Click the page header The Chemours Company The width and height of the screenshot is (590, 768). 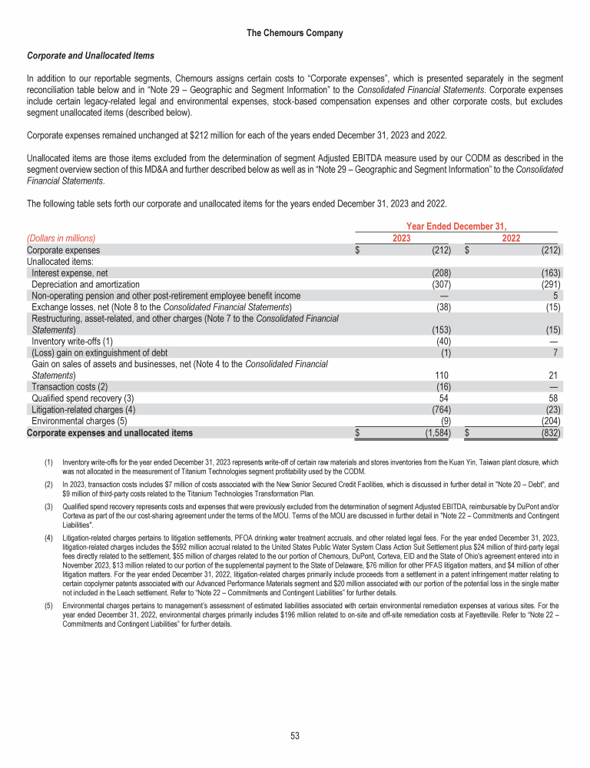[294, 33]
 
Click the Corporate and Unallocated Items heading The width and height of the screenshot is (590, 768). [91, 56]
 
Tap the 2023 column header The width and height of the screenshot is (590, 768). [401, 239]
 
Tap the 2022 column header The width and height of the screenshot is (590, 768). [511, 239]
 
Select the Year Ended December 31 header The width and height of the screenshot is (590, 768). [456, 227]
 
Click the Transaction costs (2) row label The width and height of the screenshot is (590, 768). [70, 387]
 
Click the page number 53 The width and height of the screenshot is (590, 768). [294, 736]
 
